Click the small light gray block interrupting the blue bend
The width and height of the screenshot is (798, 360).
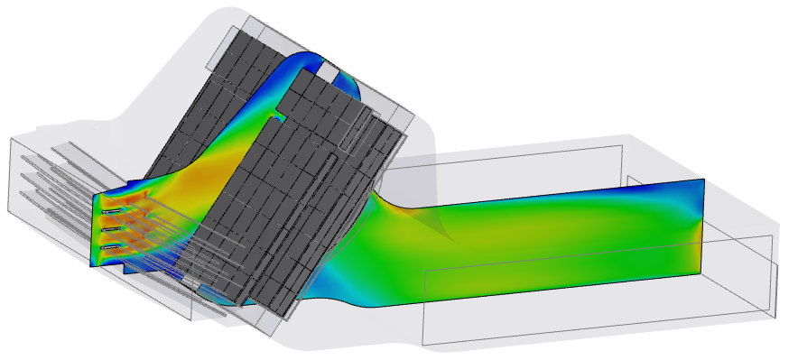pos(330,69)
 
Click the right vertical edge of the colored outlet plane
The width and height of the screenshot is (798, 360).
pos(703,226)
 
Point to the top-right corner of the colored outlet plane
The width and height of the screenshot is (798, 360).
pos(704,180)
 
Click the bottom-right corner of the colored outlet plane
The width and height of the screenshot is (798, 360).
pos(701,272)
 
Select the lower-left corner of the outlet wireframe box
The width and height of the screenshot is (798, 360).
pos(424,344)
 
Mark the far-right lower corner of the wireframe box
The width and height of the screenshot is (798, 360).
pos(775,316)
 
